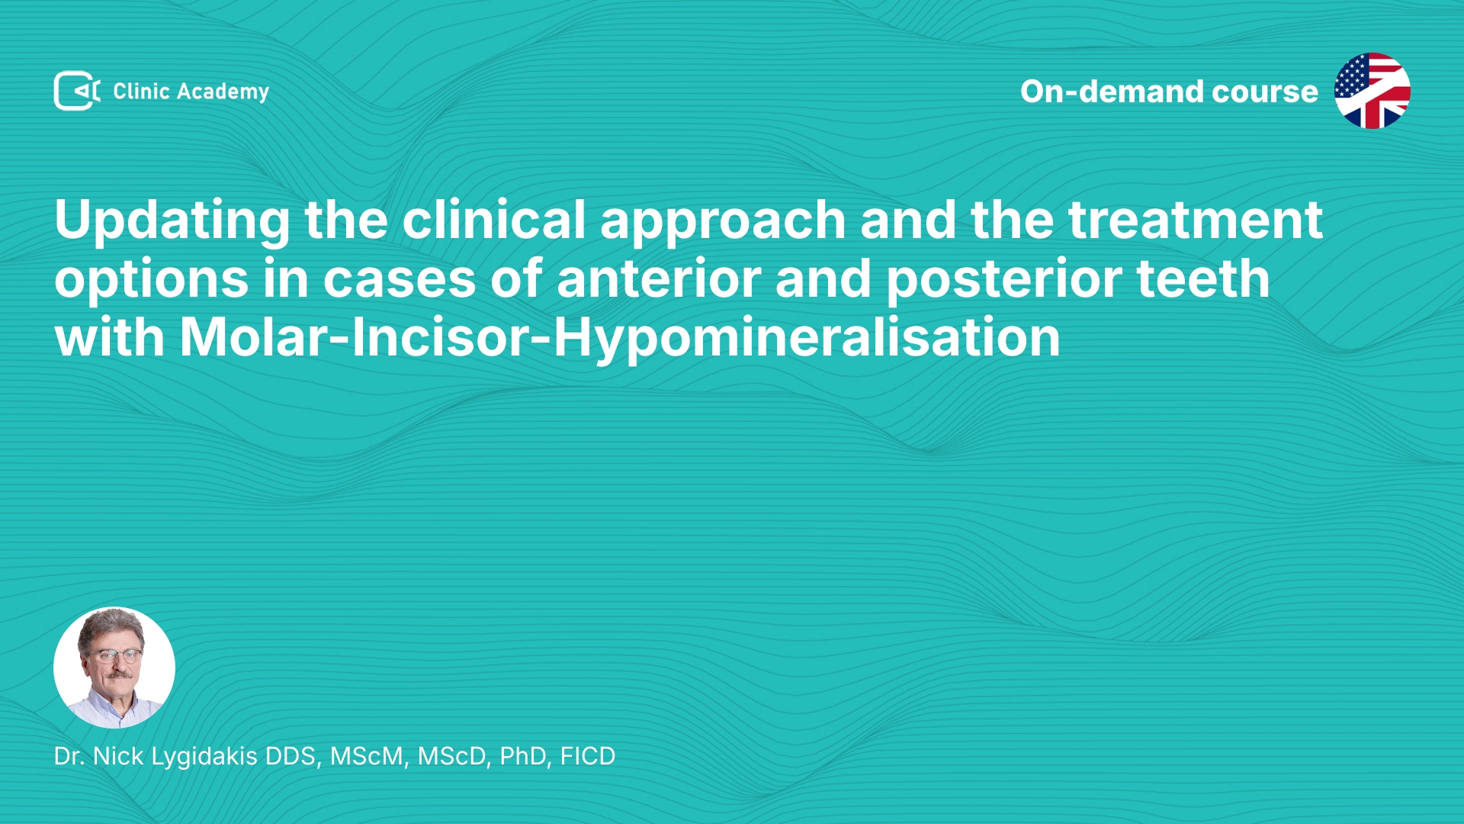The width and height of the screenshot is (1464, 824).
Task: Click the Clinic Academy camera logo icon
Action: pos(77,91)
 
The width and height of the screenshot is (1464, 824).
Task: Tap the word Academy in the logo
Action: pos(223,92)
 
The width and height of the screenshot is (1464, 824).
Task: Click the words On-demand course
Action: pos(1169,92)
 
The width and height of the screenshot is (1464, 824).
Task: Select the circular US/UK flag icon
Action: pos(1372,91)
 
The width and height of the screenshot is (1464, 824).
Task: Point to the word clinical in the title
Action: pos(494,220)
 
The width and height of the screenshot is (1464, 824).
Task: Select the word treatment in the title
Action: pos(1195,220)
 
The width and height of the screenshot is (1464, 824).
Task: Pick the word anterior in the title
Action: pos(659,278)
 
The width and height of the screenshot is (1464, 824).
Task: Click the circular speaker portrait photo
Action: pos(114,668)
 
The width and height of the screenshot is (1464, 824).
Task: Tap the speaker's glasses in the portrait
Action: pos(114,655)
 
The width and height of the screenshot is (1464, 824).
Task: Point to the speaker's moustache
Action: pos(117,674)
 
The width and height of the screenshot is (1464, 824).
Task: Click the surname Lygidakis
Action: pos(204,757)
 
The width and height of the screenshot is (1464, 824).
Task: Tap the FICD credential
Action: pos(588,756)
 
